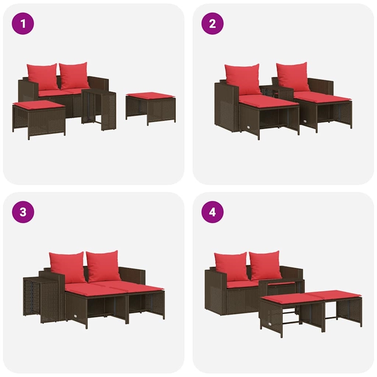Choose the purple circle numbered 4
[212, 211]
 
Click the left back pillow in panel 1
[42, 77]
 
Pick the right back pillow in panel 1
[74, 75]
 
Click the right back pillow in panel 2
[293, 76]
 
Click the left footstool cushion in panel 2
[268, 101]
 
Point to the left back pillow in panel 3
[67, 267]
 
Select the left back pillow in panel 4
[231, 267]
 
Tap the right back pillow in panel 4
[265, 265]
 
